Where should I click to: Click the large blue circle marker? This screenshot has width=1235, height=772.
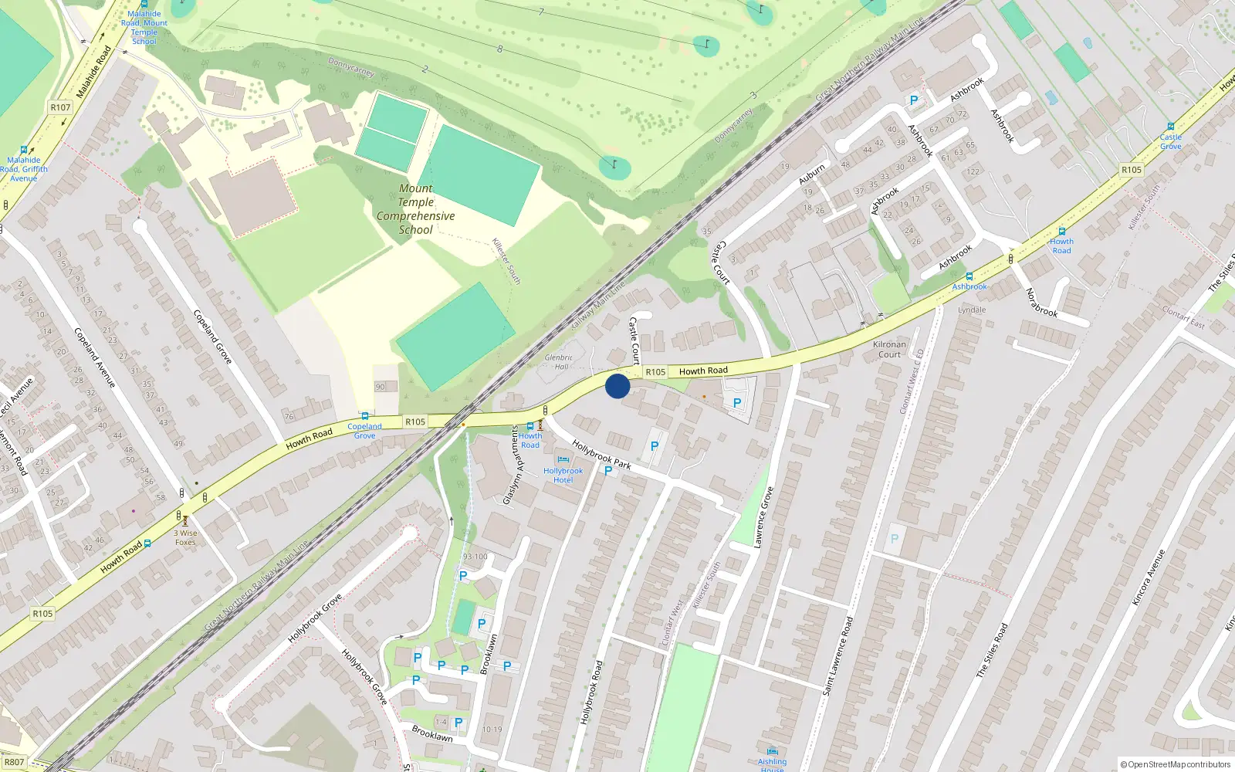617,386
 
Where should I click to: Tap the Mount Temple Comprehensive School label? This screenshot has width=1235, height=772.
415,209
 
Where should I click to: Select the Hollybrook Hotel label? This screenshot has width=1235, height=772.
563,476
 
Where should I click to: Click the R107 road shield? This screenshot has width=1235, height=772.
60,107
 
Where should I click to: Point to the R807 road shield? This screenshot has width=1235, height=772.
15,762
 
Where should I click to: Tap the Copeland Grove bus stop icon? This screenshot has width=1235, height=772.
364,416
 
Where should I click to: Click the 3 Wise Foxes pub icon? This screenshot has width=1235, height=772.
185,521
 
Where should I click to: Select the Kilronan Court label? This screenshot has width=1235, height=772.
889,350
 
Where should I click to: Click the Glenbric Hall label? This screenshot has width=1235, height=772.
559,362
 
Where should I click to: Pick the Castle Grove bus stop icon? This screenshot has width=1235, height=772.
1170,127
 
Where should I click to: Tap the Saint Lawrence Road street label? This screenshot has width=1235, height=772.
837,656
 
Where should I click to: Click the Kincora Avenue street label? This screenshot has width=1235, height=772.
1148,577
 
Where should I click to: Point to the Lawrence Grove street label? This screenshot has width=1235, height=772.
763,518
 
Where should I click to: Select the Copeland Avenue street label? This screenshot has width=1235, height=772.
94,357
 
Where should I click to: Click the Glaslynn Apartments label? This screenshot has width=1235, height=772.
513,466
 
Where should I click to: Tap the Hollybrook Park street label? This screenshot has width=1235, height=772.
601,455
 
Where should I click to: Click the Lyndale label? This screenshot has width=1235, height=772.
972,310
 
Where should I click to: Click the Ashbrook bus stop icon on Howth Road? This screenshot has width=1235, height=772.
969,276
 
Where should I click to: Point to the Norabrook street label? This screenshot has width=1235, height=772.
1041,302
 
